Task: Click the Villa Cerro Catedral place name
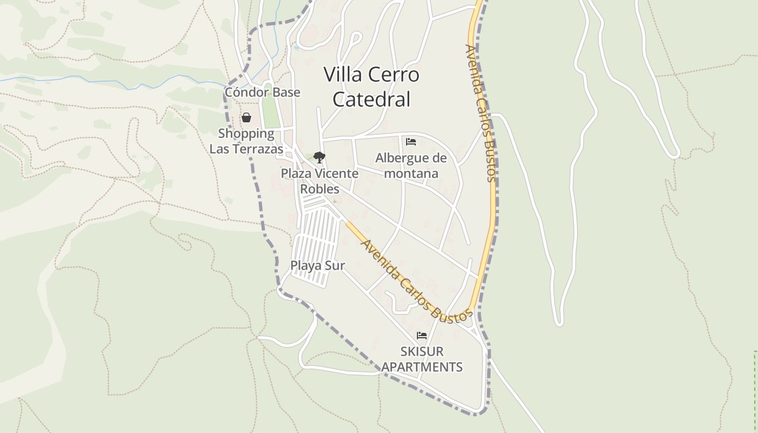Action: (371, 87)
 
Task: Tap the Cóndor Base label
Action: (262, 92)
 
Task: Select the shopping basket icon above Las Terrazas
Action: (246, 117)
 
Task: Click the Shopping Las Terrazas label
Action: (246, 141)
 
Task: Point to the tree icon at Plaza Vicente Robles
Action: (319, 158)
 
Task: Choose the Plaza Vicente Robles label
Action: (319, 181)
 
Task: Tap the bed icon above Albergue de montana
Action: (411, 142)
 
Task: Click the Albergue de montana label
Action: (411, 166)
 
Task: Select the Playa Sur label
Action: (317, 265)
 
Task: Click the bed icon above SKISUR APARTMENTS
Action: (422, 336)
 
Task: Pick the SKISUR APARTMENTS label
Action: (422, 359)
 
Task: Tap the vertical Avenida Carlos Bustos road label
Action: (481, 113)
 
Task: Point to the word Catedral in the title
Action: (371, 99)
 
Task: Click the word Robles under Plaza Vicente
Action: (319, 189)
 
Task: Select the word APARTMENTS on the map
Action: (422, 367)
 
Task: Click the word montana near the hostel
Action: (411, 173)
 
